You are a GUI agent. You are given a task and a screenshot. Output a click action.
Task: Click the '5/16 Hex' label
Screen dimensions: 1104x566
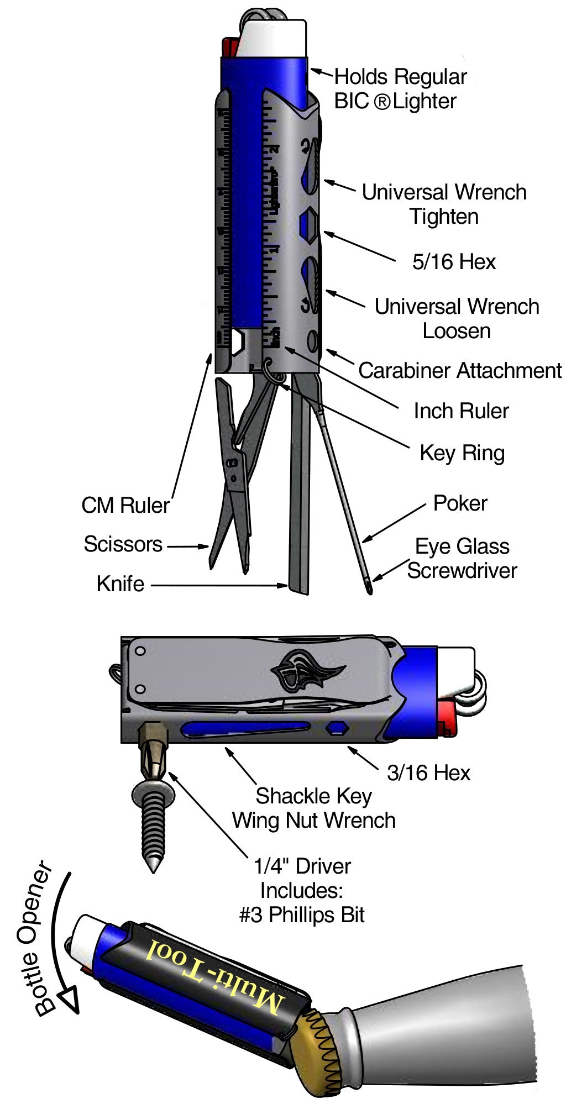pos(454,262)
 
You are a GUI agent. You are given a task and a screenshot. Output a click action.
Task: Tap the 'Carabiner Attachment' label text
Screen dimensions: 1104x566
pos(460,371)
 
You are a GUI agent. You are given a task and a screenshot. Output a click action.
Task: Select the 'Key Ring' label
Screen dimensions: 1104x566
pos(462,453)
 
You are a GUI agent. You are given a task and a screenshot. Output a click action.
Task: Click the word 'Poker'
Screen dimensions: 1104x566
pos(460,503)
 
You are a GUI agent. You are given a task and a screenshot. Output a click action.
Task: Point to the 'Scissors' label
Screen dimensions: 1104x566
pos(123,544)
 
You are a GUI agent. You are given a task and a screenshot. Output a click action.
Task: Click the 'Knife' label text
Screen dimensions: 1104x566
pos(120,584)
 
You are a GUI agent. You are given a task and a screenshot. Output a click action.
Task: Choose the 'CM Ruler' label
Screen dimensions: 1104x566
pos(125,505)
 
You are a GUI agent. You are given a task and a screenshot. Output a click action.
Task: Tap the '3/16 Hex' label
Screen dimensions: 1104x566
pos(428,773)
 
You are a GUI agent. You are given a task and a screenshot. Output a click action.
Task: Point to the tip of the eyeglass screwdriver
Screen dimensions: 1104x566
pos(369,592)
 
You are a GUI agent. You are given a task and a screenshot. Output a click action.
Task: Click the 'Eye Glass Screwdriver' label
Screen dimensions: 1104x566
pos(462,559)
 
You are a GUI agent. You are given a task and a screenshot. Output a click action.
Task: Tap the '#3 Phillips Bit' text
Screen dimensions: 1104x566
pos(302,915)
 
